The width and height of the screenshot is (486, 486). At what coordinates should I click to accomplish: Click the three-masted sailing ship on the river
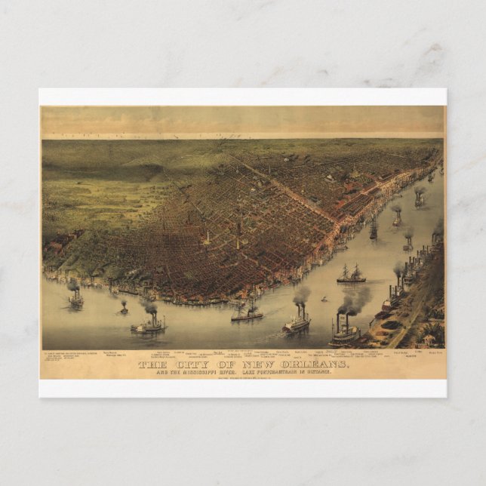click(x=351, y=275)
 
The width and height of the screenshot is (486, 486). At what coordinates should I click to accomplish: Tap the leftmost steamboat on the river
click(x=75, y=299)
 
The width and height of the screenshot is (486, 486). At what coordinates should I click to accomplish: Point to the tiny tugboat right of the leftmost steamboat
click(x=123, y=308)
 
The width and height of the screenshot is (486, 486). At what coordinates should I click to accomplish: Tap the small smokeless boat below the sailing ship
click(x=325, y=300)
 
